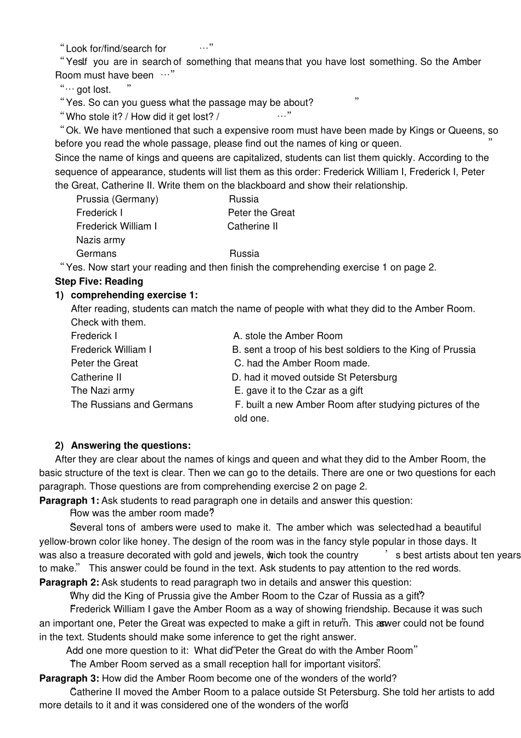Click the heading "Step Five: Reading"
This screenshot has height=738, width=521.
coord(99,281)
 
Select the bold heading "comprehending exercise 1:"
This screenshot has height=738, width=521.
coord(134,295)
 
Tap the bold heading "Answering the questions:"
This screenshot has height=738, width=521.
coord(131,446)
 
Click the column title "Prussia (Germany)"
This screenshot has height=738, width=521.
coord(117,199)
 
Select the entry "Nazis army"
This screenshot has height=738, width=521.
coord(100,240)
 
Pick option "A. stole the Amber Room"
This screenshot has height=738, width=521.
coord(287,336)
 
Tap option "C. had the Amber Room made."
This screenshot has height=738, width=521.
coord(302,363)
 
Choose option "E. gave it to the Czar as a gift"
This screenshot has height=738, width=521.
coord(298,391)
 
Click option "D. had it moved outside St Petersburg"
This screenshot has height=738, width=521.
coord(314,378)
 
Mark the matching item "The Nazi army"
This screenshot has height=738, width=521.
coord(103,391)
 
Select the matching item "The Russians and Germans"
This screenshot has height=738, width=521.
coord(132,405)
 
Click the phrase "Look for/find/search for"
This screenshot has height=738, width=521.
coord(116,49)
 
